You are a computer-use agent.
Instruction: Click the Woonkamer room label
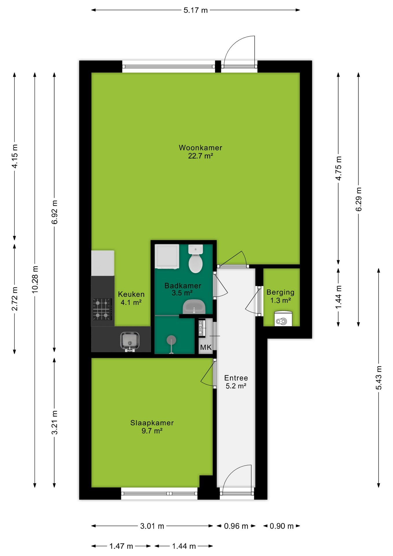pyautogui.click(x=200, y=148)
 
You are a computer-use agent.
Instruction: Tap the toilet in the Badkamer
pyautogui.click(x=196, y=259)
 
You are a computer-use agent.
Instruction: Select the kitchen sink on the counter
pyautogui.click(x=130, y=341)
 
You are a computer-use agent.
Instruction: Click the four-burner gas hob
pyautogui.click(x=102, y=309)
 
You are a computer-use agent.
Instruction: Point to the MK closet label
pyautogui.click(x=206, y=347)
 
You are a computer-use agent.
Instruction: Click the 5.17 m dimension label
pyautogui.click(x=196, y=10)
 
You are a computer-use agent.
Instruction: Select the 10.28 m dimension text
pyautogui.click(x=35, y=279)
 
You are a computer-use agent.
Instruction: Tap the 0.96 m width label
pyautogui.click(x=236, y=526)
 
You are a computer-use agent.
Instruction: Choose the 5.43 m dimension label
pyautogui.click(x=379, y=378)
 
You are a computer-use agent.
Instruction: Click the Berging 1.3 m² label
pyautogui.click(x=280, y=296)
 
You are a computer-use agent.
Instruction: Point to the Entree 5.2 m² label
pyautogui.click(x=236, y=382)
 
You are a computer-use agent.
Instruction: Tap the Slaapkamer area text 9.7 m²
pyautogui.click(x=152, y=431)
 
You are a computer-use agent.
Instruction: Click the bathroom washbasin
pyautogui.click(x=194, y=307)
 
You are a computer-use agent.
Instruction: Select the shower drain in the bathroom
pyautogui.click(x=172, y=341)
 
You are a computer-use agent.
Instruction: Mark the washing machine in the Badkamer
pyautogui.click(x=167, y=257)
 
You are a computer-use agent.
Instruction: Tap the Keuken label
pyautogui.click(x=131, y=294)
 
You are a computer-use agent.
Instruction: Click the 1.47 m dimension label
pyautogui.click(x=121, y=546)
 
